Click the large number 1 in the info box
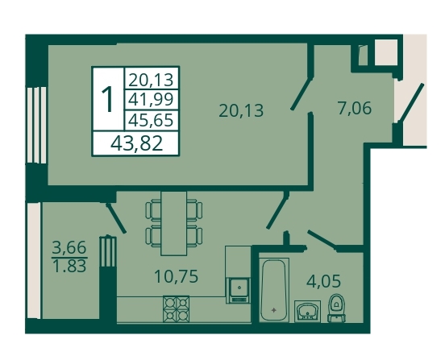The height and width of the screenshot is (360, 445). (x=108, y=99)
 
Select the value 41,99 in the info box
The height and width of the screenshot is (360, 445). (x=151, y=100)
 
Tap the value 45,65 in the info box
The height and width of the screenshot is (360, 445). (x=151, y=120)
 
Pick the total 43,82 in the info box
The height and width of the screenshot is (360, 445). (x=137, y=143)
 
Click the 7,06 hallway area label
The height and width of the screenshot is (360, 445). (x=355, y=108)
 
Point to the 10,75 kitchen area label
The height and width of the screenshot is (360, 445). (x=176, y=276)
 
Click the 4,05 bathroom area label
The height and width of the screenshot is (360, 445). (x=323, y=281)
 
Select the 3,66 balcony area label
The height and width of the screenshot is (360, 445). (x=69, y=248)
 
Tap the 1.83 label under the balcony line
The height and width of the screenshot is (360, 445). (x=69, y=266)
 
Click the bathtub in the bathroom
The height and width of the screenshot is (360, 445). (x=274, y=290)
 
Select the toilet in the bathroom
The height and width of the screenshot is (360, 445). (x=336, y=308)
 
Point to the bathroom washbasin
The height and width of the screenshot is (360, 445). (x=308, y=311)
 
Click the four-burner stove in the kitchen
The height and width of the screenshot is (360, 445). (x=176, y=308)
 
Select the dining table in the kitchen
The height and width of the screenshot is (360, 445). (x=173, y=223)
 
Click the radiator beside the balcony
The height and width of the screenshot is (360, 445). (x=108, y=251)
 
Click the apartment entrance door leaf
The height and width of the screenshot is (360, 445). (x=411, y=102)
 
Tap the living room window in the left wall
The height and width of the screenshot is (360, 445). (x=36, y=125)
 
